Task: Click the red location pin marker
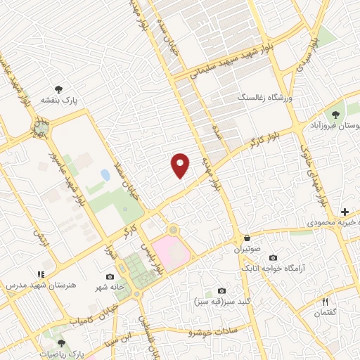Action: tap(180, 165)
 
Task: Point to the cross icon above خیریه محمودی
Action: tap(345, 212)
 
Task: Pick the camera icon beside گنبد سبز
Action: tap(221, 290)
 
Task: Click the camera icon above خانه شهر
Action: tap(110, 277)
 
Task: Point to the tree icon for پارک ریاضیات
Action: tap(61, 343)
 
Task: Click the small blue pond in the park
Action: tap(105, 174)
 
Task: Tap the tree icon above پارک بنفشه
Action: tap(59, 89)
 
